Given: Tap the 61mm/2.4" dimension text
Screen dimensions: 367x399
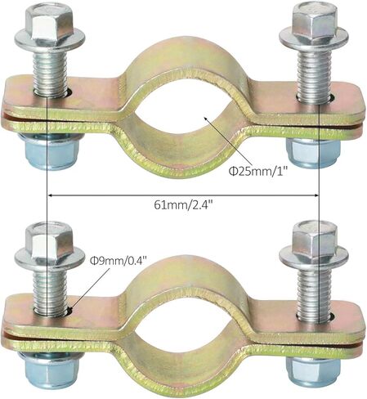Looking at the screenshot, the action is coord(183,204).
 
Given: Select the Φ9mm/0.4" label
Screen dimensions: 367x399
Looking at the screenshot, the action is coord(119,261).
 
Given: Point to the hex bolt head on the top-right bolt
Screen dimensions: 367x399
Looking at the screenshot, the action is coord(314,22).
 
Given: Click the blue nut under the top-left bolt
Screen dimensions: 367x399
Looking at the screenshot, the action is coord(49,151).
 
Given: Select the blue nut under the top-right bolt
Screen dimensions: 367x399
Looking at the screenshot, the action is coord(313,153).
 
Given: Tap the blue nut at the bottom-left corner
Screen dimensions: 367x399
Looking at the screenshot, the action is coord(49,369).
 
